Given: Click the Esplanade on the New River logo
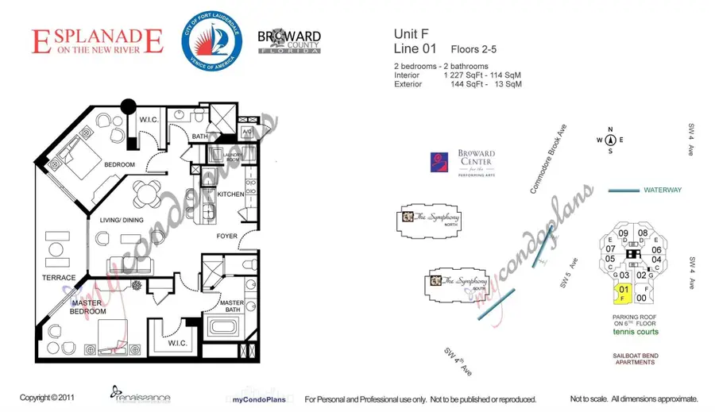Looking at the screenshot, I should [x=97, y=41].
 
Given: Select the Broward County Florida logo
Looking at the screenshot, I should [x=289, y=41].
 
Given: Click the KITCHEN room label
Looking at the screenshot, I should [x=230, y=194].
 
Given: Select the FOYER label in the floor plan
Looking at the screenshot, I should [x=227, y=237].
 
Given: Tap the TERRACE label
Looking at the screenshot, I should [x=59, y=278].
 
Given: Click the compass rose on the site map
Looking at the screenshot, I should [x=610, y=140].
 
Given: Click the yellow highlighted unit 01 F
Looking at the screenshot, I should [x=624, y=294].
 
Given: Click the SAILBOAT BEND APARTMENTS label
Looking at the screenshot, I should [x=634, y=359].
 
